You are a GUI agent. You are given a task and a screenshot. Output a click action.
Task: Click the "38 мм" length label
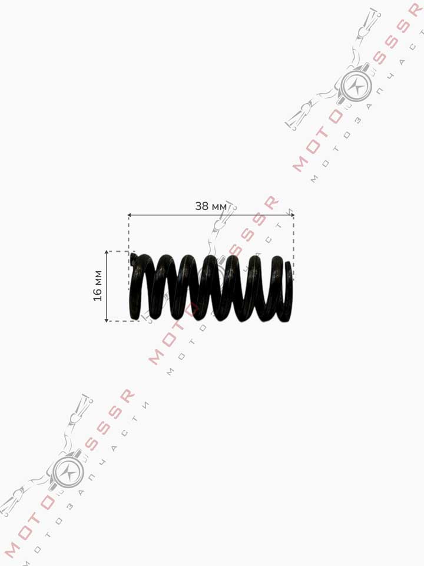(x=211, y=206)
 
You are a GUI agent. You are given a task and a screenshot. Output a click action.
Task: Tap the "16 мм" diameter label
(x=98, y=285)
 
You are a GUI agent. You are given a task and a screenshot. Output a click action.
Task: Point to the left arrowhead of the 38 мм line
(x=130, y=215)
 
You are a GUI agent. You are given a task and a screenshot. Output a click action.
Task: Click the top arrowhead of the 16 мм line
(x=107, y=253)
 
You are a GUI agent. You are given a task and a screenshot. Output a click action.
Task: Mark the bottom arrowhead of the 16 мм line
(x=107, y=319)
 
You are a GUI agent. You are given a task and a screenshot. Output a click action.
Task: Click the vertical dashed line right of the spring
(x=293, y=248)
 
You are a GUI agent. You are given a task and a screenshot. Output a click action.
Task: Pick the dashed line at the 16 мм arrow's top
(x=121, y=251)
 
